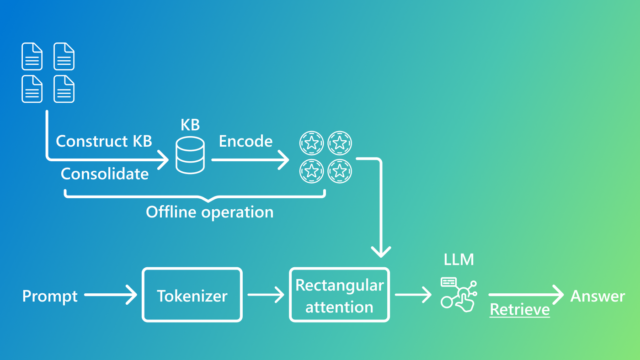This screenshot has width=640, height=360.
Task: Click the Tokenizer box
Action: (192, 295)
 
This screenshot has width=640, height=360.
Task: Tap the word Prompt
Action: (50, 296)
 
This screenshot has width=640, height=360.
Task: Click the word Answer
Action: (597, 296)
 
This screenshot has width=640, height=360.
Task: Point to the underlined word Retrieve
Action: (518, 310)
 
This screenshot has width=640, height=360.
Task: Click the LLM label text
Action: (458, 260)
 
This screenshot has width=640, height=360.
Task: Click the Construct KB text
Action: (104, 142)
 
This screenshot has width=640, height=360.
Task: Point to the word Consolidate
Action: (104, 174)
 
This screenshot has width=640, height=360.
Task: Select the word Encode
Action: (245, 142)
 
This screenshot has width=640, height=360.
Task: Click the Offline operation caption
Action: (209, 212)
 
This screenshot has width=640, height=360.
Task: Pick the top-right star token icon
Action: (340, 142)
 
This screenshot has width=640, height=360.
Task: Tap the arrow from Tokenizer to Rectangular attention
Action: (265, 295)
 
